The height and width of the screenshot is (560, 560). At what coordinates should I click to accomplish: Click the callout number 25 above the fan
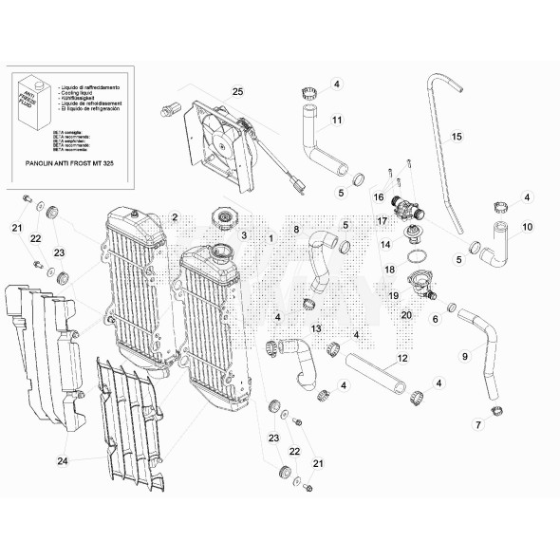click(237, 91)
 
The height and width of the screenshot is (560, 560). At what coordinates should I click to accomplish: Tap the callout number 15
click(456, 137)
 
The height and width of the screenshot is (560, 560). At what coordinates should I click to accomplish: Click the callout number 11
click(337, 121)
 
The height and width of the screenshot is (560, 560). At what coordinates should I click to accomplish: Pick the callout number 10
click(528, 227)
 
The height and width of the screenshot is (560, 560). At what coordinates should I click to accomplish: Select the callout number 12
click(401, 358)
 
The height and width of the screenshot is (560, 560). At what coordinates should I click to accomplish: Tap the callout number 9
click(465, 356)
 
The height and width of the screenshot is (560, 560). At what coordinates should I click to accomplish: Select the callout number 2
click(176, 217)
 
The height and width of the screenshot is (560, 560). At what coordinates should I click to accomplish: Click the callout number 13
click(316, 327)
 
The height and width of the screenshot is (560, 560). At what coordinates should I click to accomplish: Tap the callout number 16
click(377, 197)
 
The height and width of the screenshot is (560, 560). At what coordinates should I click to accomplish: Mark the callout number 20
click(405, 315)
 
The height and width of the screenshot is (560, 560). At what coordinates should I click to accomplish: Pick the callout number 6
click(436, 319)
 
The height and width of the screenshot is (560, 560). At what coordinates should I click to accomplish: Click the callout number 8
click(295, 230)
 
